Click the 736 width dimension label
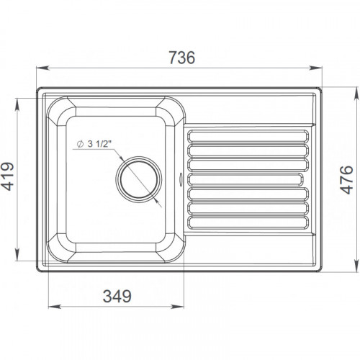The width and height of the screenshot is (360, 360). [182, 58]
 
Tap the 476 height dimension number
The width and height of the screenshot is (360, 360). [347, 180]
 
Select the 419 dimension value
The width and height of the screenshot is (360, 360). [7, 176]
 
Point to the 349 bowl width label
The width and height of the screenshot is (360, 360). [117, 296]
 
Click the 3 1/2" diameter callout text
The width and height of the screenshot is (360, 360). [100, 144]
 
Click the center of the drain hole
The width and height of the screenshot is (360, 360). [139, 179]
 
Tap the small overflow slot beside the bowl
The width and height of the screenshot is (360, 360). [180, 179]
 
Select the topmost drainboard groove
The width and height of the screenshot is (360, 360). [248, 136]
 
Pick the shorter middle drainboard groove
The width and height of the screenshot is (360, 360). [245, 179]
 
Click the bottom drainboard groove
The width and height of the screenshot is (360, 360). [248, 222]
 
